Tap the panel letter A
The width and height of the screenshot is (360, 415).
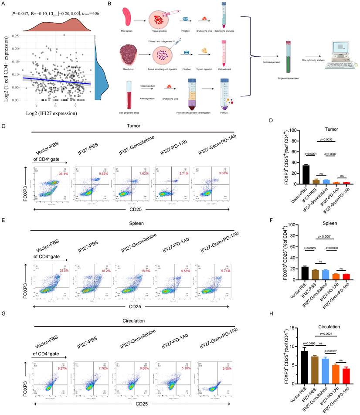[x=3, y=3]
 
